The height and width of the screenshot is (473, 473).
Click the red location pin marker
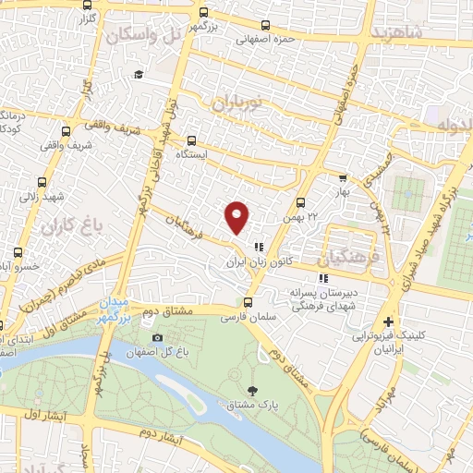237,216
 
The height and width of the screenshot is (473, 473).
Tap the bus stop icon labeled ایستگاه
191,141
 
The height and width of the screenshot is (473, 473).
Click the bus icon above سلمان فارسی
247,302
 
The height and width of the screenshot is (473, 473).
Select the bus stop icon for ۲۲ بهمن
300,202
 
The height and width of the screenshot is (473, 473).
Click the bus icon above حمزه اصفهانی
266,26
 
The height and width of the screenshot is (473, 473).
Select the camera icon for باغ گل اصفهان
157,339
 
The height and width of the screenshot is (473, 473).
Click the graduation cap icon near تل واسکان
139,75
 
